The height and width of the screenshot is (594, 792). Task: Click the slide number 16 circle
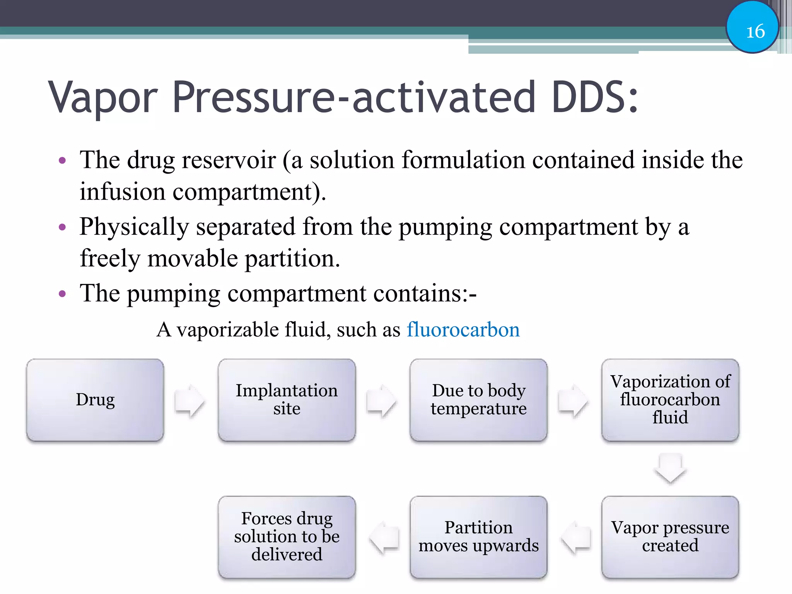click(752, 28)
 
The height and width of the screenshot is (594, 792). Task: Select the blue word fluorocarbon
click(463, 330)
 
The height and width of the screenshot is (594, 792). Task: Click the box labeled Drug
click(95, 400)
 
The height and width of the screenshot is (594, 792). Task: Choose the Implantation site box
click(287, 400)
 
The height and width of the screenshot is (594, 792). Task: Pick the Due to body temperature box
click(478, 400)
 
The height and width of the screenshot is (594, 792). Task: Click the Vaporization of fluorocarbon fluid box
click(670, 400)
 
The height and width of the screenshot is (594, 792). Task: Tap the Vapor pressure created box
click(670, 537)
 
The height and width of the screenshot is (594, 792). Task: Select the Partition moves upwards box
click(478, 537)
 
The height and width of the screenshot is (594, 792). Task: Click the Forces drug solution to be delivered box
click(287, 537)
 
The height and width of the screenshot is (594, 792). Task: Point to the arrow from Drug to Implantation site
click(189, 401)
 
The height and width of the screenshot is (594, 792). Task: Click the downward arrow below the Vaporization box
click(670, 468)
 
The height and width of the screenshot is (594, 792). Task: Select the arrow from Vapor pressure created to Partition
click(576, 537)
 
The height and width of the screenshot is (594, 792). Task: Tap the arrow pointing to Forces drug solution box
click(384, 537)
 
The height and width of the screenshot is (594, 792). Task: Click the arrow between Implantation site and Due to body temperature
click(381, 401)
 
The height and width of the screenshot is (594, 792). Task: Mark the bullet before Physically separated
click(62, 227)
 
